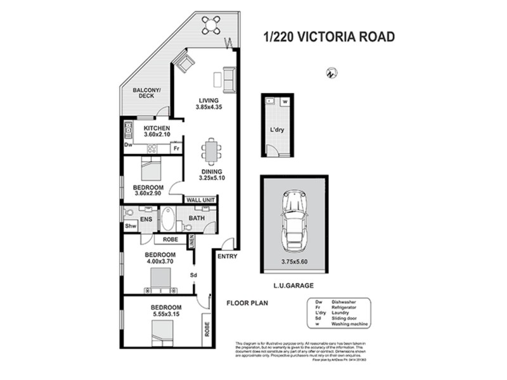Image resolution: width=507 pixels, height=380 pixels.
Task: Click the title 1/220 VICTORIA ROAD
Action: [x=328, y=37]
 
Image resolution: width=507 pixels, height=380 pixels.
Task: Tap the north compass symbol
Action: [x=329, y=73]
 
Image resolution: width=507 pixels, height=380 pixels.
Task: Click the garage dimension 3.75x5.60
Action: [x=293, y=260]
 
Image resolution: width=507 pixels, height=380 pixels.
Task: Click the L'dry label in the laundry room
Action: [x=277, y=132]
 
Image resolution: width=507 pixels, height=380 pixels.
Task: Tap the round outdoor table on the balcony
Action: [x=211, y=25]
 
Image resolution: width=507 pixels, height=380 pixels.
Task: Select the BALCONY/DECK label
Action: [x=147, y=93]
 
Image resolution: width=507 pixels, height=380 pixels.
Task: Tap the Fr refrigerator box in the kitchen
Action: [x=177, y=149]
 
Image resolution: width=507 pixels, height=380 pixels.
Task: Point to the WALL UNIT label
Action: [x=201, y=200]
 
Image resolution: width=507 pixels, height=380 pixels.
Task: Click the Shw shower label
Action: [x=131, y=225]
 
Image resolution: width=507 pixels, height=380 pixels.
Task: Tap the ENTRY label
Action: [x=226, y=256]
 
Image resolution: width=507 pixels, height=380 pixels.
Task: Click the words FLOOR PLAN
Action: [x=248, y=303]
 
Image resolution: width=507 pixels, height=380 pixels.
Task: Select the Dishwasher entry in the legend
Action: [x=336, y=303]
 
